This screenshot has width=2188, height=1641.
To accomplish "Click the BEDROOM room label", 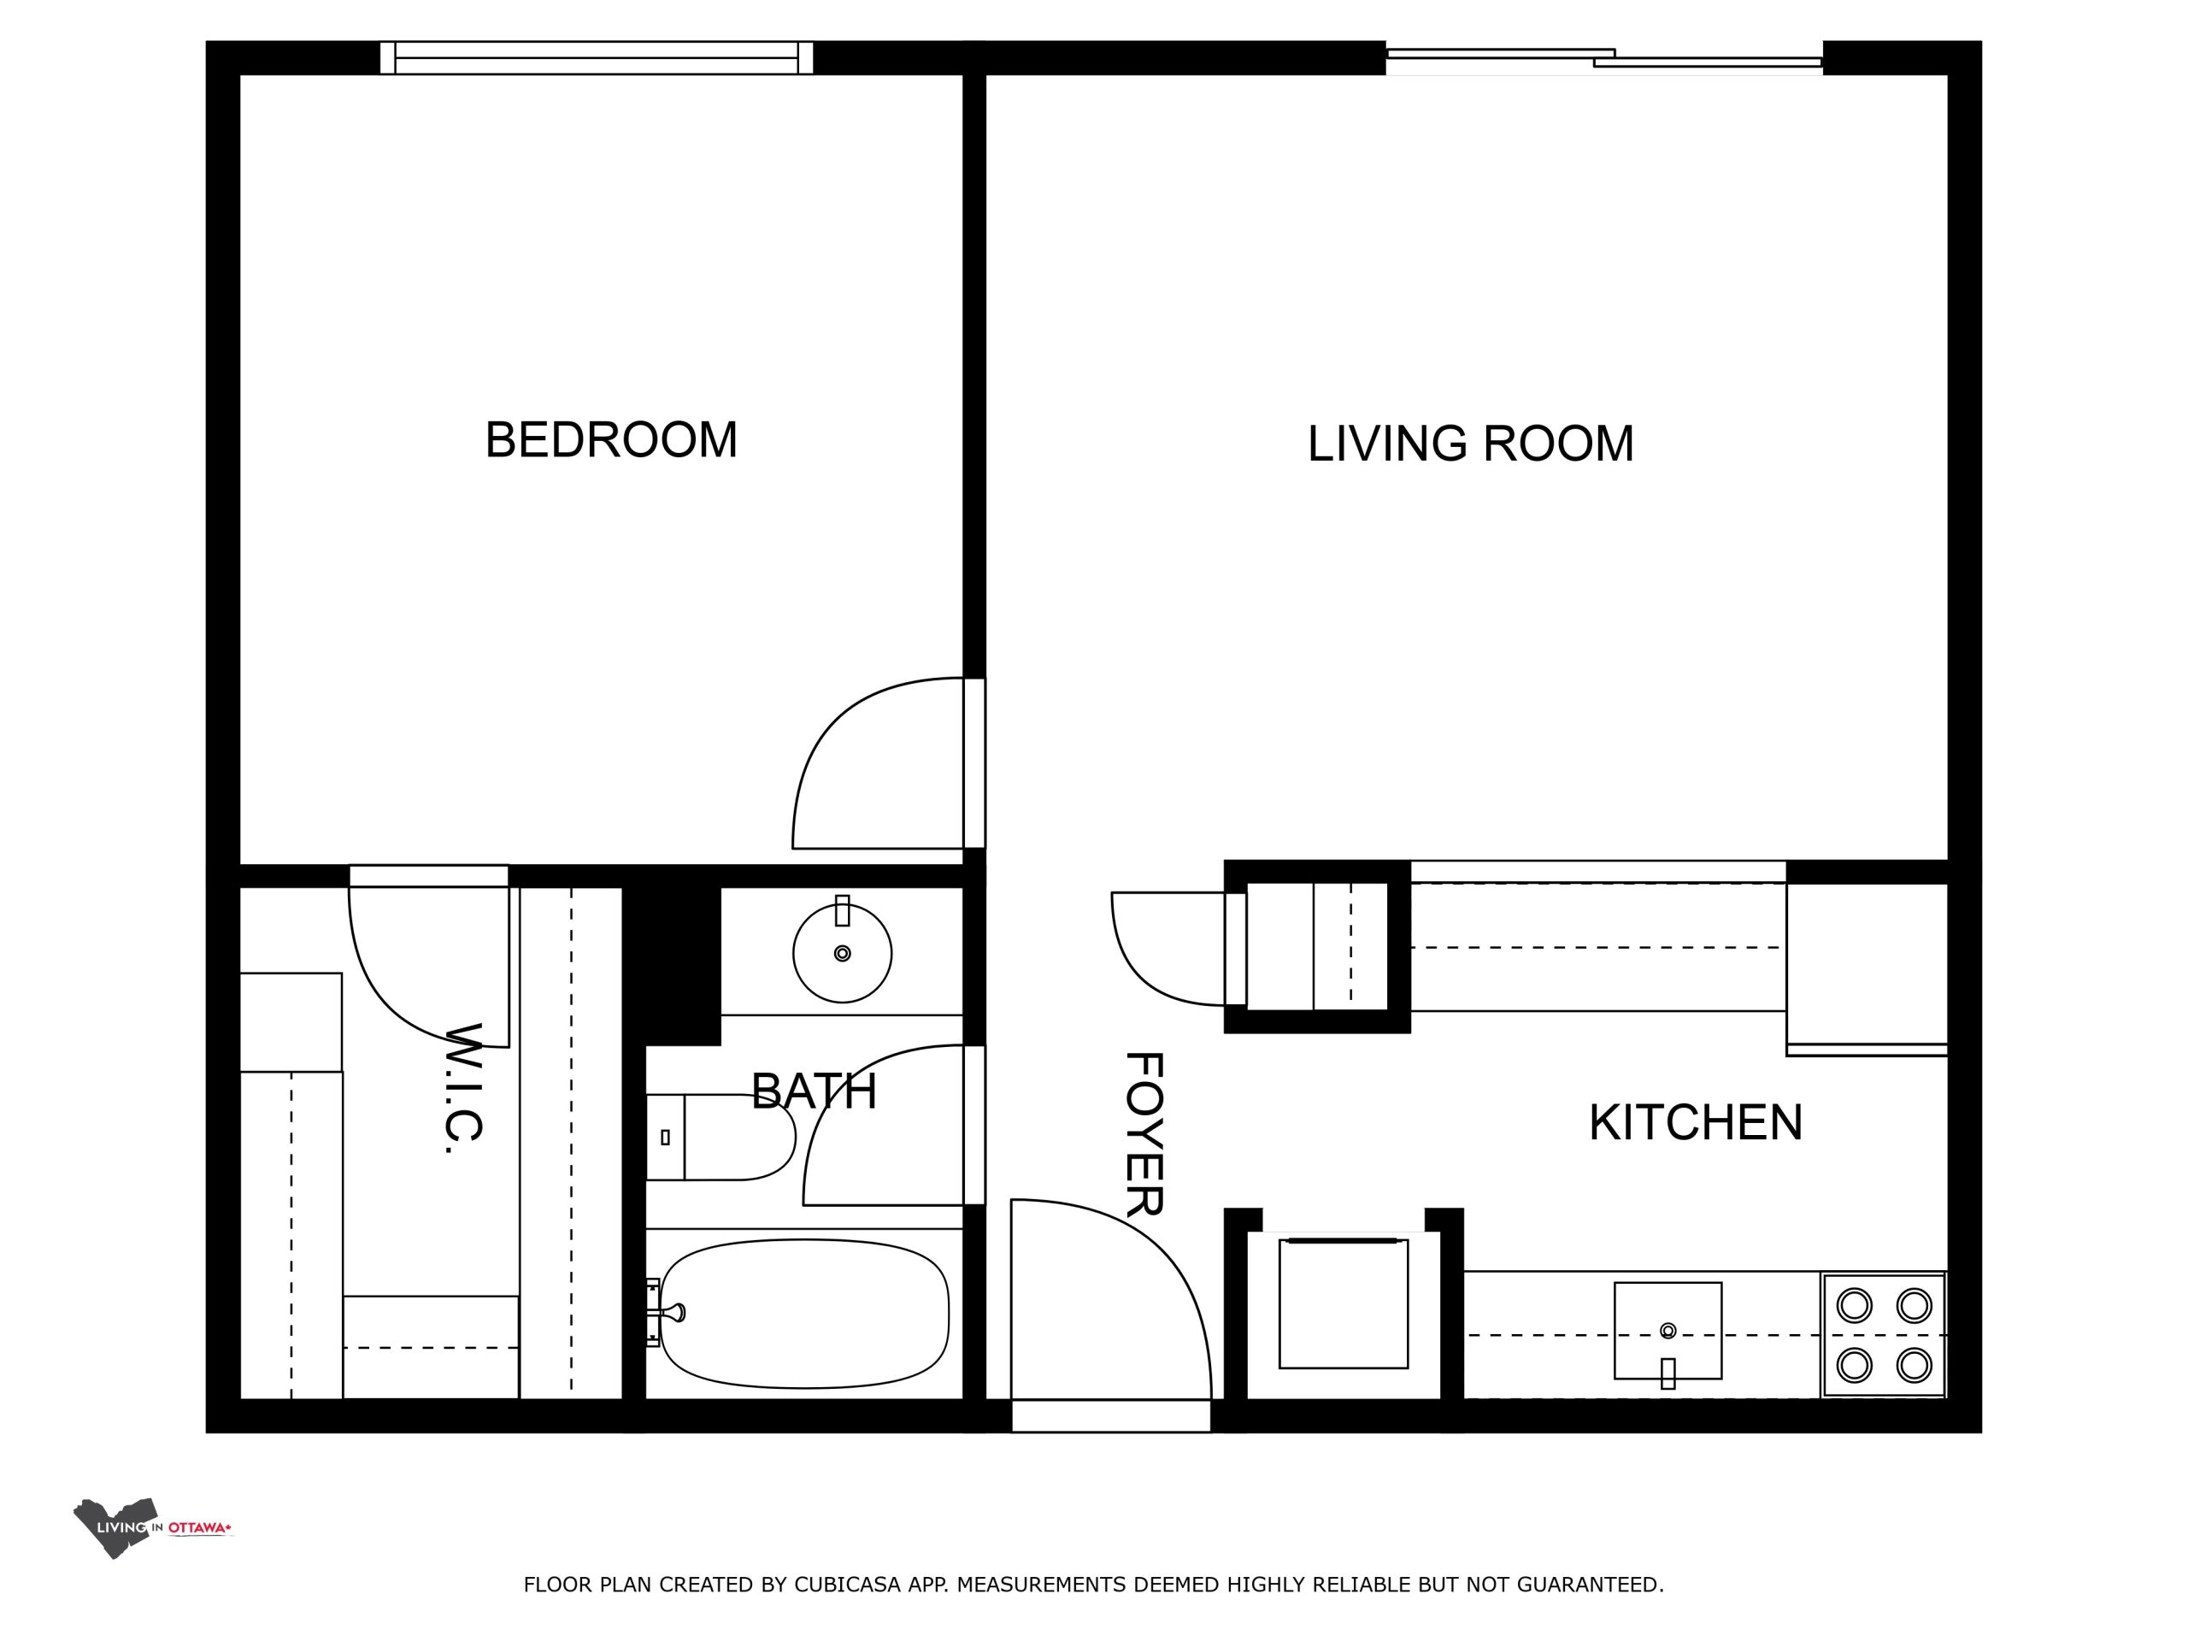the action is (611, 439).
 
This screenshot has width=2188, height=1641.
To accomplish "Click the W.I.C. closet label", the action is (463, 1088).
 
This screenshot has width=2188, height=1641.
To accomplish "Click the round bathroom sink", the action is (842, 953).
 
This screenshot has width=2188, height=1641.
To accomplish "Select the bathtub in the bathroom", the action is (803, 1314).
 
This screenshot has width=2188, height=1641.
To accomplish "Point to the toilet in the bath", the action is (721, 1137).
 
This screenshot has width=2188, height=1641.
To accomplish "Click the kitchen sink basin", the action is (1667, 1332).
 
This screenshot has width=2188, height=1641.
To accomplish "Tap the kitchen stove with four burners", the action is (1884, 1334).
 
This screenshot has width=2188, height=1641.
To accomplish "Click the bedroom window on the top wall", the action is (597, 57).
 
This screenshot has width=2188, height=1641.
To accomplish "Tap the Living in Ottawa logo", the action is (152, 1528).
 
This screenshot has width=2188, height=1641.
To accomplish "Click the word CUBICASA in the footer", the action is (848, 1585).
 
